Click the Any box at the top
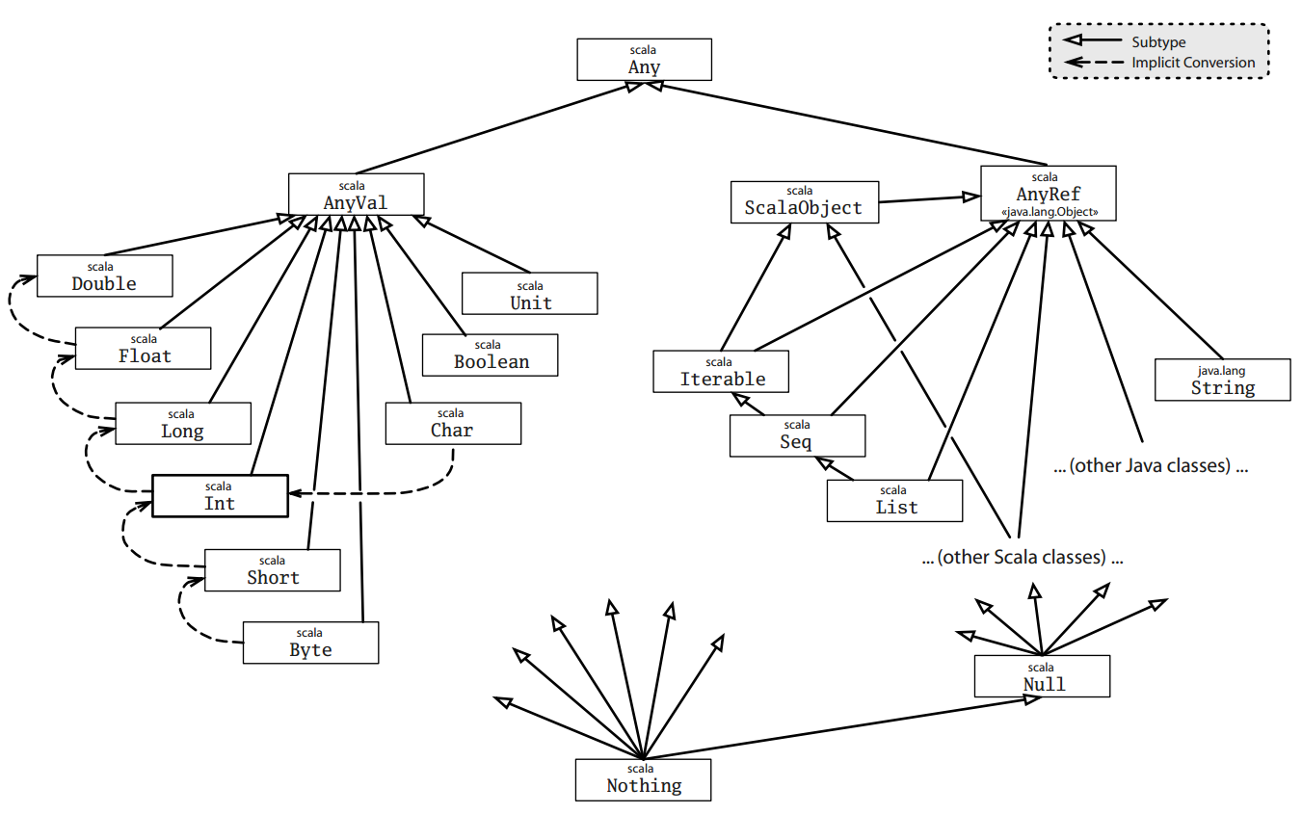(644, 60)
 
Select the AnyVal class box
(356, 194)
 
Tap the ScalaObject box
(804, 202)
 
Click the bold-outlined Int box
(220, 495)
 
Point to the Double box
(104, 276)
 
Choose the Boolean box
(491, 354)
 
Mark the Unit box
(529, 294)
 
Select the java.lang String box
(1222, 380)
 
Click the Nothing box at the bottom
(643, 779)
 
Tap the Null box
(1042, 676)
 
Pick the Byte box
(310, 643)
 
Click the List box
(894, 500)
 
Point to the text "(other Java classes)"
(1151, 466)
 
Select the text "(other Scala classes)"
(1023, 557)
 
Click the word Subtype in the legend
(1158, 42)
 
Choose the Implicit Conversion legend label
(1193, 63)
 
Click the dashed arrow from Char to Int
(385, 494)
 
